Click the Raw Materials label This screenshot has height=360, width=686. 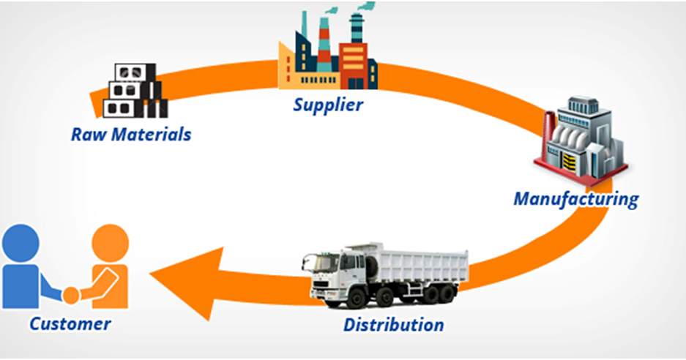[131, 135]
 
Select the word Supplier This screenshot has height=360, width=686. [328, 104]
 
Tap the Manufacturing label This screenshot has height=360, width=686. [575, 198]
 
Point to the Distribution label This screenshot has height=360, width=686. [393, 323]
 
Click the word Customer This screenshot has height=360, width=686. [70, 323]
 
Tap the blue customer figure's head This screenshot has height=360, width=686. [22, 242]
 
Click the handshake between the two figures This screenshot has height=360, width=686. [71, 294]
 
